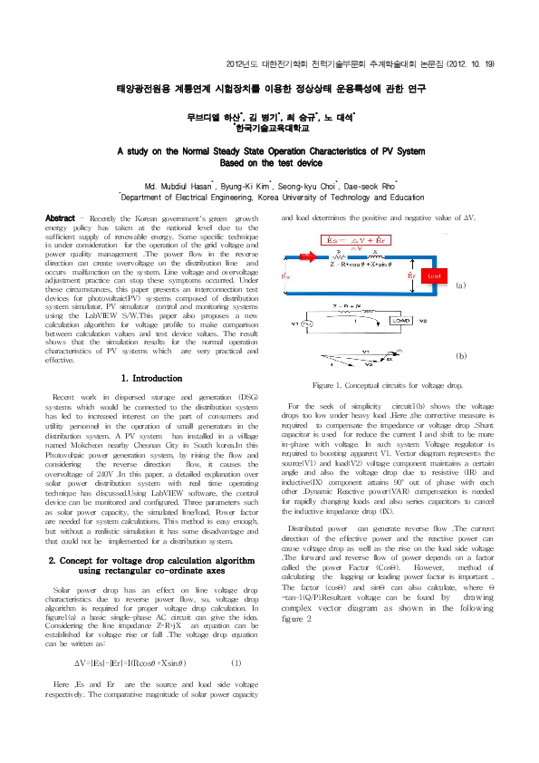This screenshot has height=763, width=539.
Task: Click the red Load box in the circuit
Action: (434, 274)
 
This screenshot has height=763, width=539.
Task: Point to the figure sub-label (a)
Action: (460, 285)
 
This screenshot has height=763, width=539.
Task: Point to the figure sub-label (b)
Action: (460, 357)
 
